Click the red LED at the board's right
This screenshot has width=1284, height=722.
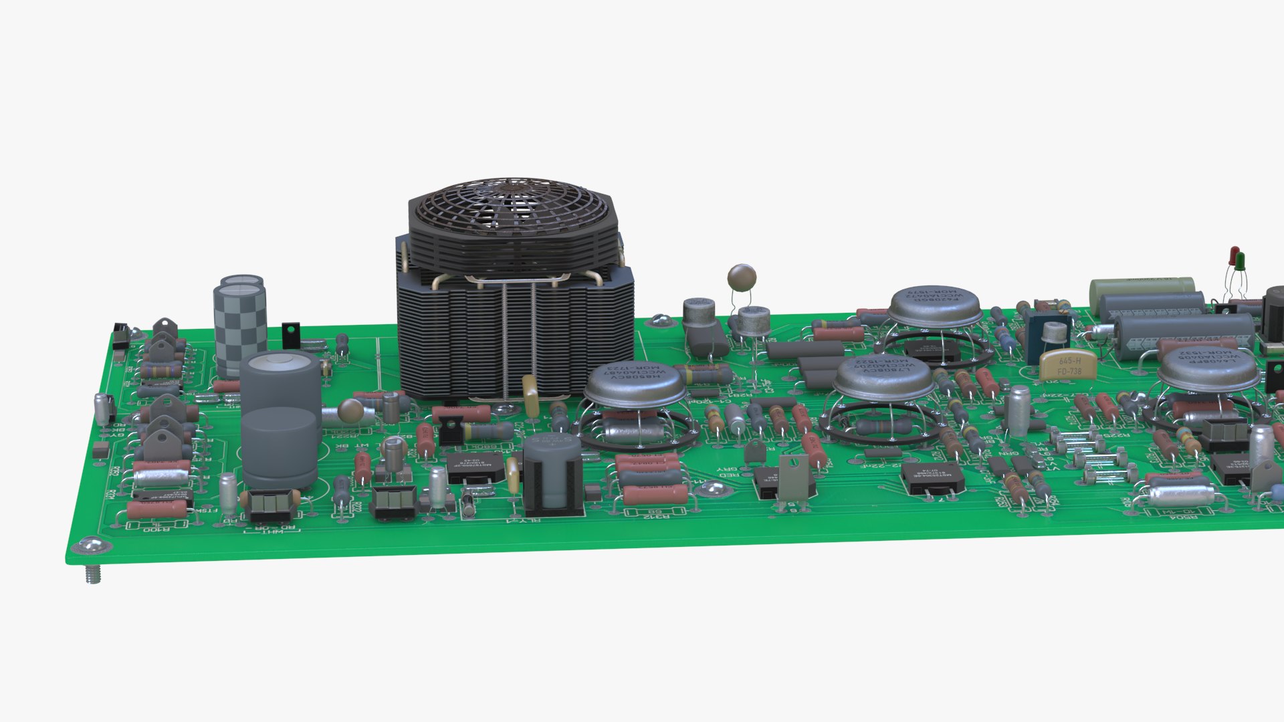tap(1234, 255)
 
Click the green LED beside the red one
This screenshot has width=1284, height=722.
tap(1240, 260)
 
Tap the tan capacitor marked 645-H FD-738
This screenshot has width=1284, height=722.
tap(1069, 365)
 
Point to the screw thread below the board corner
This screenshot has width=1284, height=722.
tap(93, 574)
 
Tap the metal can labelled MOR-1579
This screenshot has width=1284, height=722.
tap(934, 305)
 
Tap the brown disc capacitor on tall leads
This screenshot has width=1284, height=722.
tap(742, 276)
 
